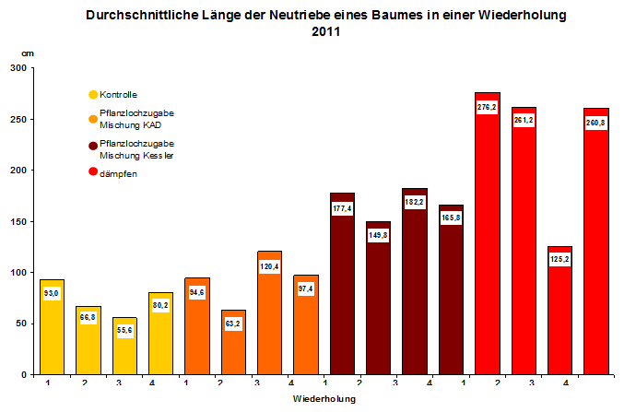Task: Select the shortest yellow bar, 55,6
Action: [x=124, y=350]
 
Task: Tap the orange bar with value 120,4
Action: [x=269, y=313]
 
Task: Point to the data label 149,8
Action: [x=378, y=234]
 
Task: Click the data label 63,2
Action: [x=233, y=324]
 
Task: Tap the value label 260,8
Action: [x=596, y=123]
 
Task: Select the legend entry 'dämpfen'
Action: [x=118, y=173]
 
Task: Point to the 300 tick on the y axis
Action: [x=18, y=68]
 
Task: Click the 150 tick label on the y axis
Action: [x=18, y=221]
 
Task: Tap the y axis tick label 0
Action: [x=25, y=375]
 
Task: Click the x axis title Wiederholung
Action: [x=324, y=399]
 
